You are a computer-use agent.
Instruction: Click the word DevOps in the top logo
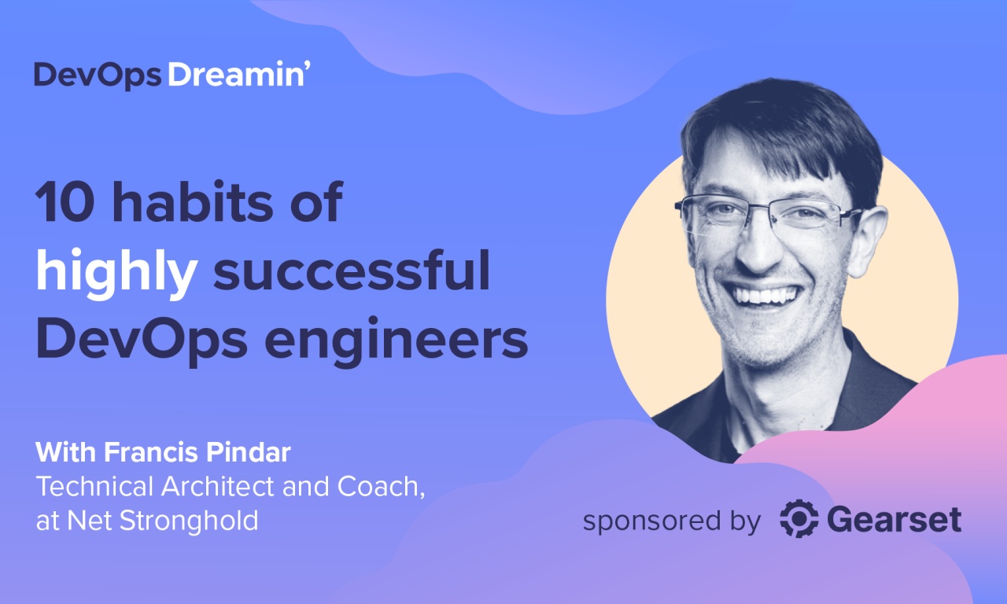[98, 75]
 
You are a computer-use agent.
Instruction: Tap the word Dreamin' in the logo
[235, 75]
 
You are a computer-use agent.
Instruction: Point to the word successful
[352, 272]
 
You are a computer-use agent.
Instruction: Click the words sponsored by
[671, 521]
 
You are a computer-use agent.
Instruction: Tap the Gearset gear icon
[799, 520]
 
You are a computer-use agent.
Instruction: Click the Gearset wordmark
[894, 520]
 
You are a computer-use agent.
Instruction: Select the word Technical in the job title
[95, 488]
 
